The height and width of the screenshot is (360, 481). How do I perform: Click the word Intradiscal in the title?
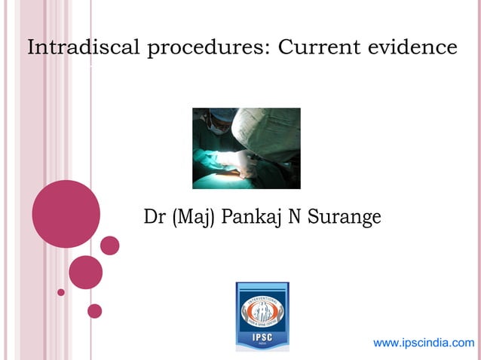tap(84, 48)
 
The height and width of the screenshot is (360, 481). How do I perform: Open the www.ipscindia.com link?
tap(424, 343)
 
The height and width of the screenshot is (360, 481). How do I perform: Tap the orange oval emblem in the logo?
tap(262, 311)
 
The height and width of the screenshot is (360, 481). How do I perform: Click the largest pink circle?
tap(66, 214)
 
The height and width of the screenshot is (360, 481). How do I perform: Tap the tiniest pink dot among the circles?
tap(61, 292)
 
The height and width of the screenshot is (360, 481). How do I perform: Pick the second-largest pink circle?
tap(85, 272)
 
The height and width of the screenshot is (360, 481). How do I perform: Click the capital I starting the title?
tap(32, 48)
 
